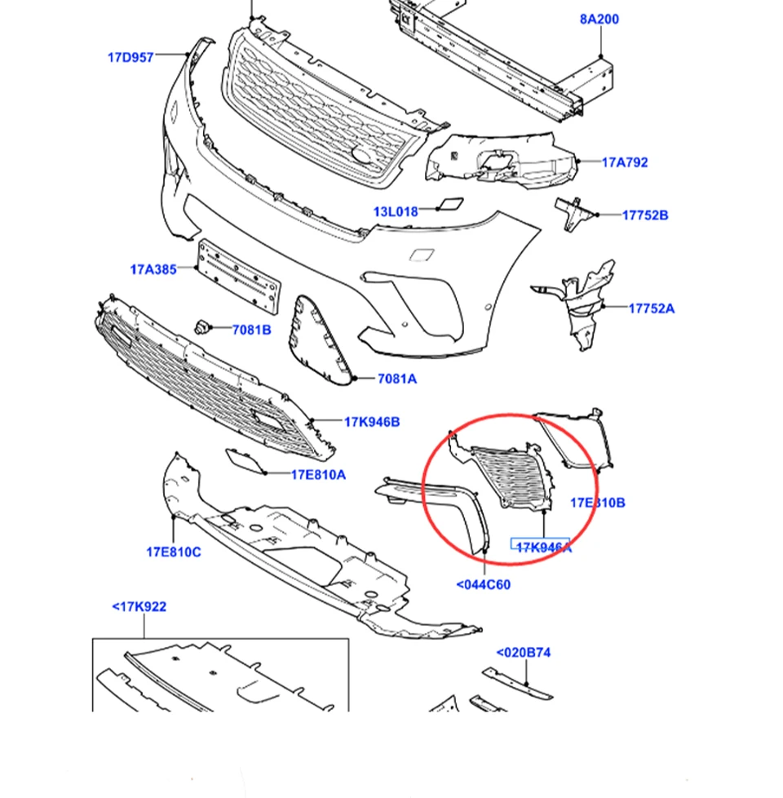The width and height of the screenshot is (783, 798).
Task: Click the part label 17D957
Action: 130,58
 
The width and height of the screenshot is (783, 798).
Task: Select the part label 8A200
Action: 599,19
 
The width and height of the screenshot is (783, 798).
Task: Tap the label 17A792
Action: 625,162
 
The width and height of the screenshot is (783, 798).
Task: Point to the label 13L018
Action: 396,212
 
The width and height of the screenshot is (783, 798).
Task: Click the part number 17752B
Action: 645,215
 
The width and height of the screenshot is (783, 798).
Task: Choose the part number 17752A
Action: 652,308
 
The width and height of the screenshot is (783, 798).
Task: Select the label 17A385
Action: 153,268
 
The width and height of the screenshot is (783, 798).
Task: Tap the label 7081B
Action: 251,330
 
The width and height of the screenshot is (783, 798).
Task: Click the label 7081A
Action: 397,379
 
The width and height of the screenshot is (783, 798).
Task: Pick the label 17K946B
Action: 372,422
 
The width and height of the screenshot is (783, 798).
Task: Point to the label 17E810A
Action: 318,474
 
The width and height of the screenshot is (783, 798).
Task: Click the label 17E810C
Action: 174,552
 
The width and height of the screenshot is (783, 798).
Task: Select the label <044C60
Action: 483,584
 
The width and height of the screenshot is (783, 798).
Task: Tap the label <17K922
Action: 139,607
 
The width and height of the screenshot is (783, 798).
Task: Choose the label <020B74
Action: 524,653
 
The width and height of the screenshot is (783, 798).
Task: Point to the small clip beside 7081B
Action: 201,328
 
